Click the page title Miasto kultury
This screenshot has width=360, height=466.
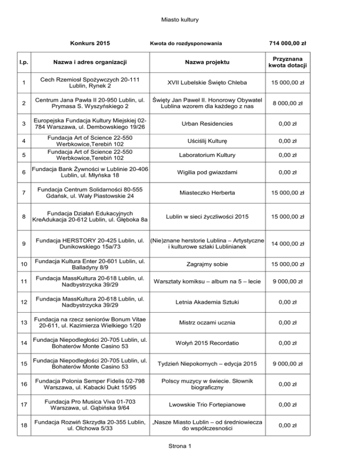[x=180, y=20]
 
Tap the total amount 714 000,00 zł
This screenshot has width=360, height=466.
[x=287, y=44]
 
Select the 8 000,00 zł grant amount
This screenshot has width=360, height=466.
[x=287, y=103]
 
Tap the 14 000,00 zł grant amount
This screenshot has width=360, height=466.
[x=287, y=243]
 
